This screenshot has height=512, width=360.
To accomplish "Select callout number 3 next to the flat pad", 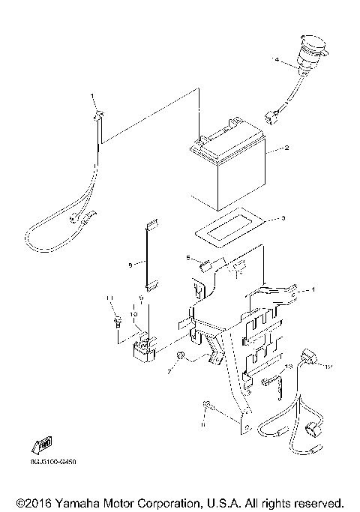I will coord(283,219).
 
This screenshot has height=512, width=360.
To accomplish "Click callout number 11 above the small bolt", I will coord(109,300).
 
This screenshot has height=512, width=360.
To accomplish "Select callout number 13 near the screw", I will coord(288,367).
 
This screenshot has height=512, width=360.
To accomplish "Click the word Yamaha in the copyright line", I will coord(77,502).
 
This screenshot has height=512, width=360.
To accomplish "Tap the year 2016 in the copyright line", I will coord(37,502).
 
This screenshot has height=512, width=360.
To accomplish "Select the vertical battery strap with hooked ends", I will coord(150,255).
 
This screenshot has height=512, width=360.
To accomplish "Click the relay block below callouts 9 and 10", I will coord(144,348).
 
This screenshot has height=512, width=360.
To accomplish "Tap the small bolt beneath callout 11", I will coord(118,323).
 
